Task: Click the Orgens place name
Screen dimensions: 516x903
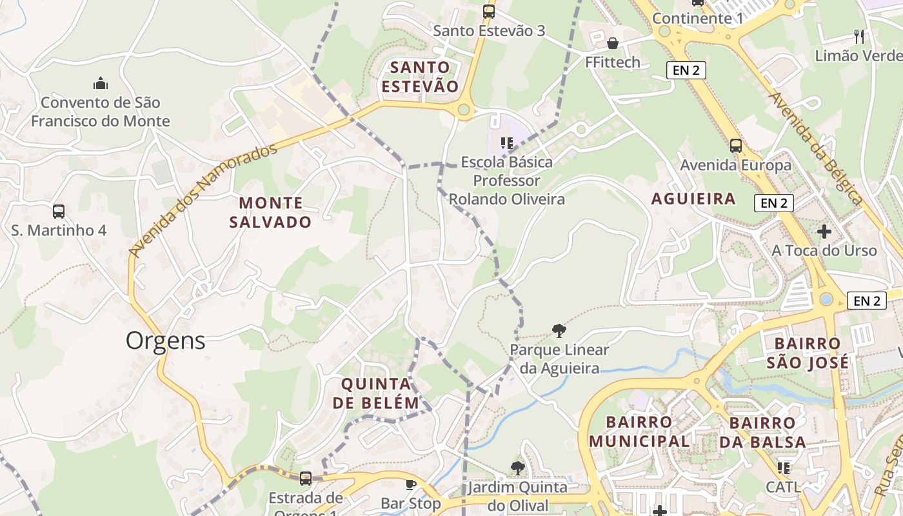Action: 166,341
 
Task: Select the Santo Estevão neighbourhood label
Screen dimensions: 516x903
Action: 420,77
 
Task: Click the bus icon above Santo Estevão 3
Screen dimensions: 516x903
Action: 489,11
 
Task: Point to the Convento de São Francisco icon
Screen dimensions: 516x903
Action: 101,83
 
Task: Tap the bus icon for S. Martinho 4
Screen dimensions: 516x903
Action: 59,211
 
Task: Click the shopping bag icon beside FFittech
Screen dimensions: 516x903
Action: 612,43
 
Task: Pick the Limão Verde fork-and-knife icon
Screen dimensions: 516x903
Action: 858,35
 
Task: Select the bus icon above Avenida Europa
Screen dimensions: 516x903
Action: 736,146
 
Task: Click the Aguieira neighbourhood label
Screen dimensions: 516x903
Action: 693,199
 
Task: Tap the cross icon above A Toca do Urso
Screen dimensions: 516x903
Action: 824,231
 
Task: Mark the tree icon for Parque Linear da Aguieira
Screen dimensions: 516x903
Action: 559,331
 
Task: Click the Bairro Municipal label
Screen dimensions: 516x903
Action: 639,432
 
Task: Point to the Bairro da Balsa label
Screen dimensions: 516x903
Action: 768,433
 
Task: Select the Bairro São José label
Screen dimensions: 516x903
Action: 808,353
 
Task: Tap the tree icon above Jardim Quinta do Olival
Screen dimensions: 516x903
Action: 517,468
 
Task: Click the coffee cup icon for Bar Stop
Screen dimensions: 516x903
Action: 410,484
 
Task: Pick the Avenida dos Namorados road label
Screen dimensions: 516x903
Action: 203,200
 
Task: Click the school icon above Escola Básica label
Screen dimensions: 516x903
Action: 506,143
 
